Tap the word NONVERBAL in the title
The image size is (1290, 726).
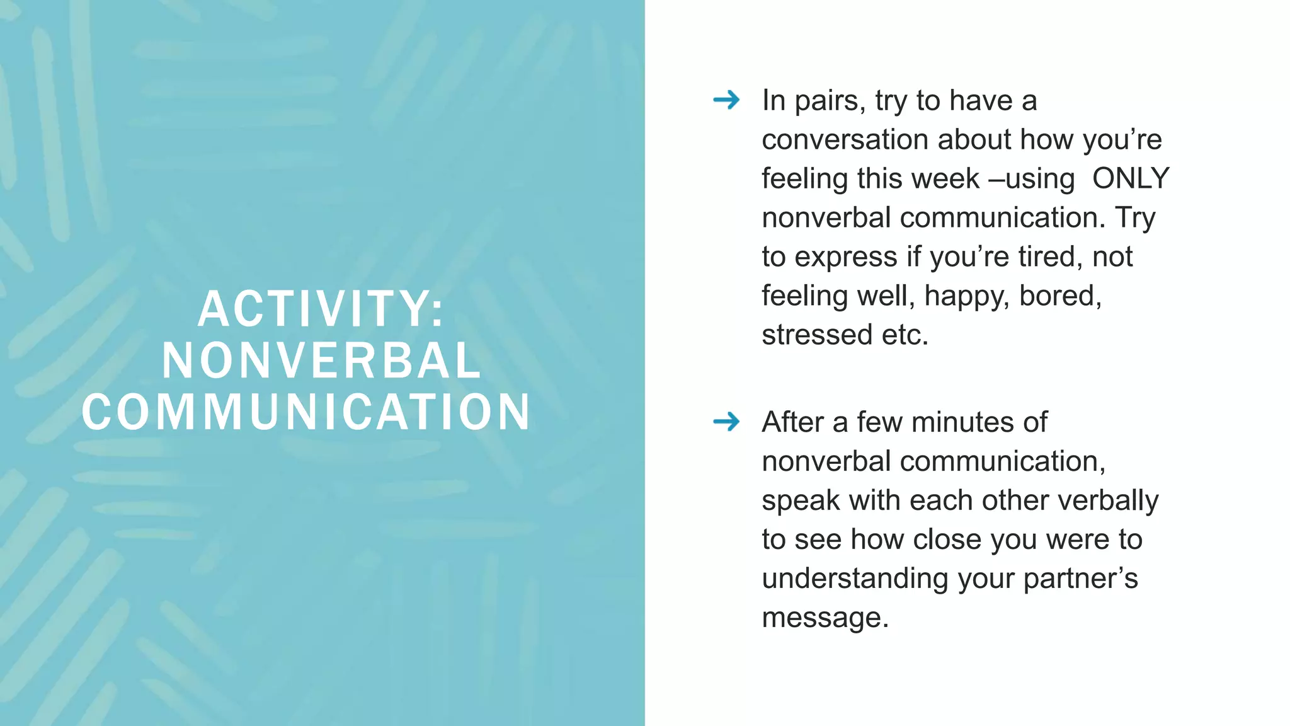(321, 360)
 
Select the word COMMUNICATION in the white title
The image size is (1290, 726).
(306, 412)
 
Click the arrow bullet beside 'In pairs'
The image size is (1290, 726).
(726, 100)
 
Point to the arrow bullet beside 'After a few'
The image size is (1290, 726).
(726, 422)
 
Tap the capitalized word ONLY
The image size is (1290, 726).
(1131, 178)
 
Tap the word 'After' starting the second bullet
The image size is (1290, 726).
(792, 422)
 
